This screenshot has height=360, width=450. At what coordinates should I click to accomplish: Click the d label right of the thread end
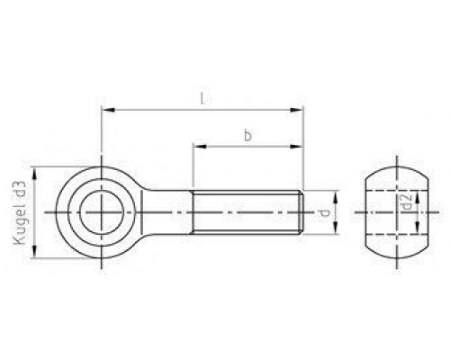pyautogui.click(x=323, y=213)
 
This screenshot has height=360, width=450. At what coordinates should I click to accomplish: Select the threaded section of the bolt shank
pyautogui.click(x=247, y=213)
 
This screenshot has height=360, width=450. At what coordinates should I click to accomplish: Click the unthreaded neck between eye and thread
pyautogui.click(x=171, y=213)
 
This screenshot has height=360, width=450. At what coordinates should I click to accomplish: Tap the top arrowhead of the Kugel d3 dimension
pyautogui.click(x=35, y=170)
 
